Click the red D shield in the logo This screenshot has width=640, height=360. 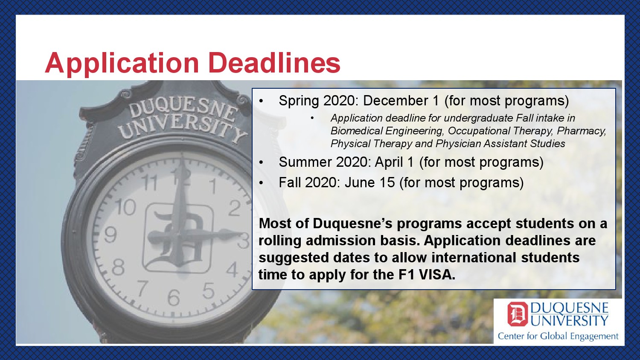518,314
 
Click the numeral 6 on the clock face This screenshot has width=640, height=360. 174,298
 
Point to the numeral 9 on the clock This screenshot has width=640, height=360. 110,235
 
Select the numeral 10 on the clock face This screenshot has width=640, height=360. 125,207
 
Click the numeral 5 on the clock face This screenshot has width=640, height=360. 209,290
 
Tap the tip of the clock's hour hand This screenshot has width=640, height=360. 242,234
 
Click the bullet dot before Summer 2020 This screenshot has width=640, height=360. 261,162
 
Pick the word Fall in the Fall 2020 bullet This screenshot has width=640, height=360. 290,183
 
